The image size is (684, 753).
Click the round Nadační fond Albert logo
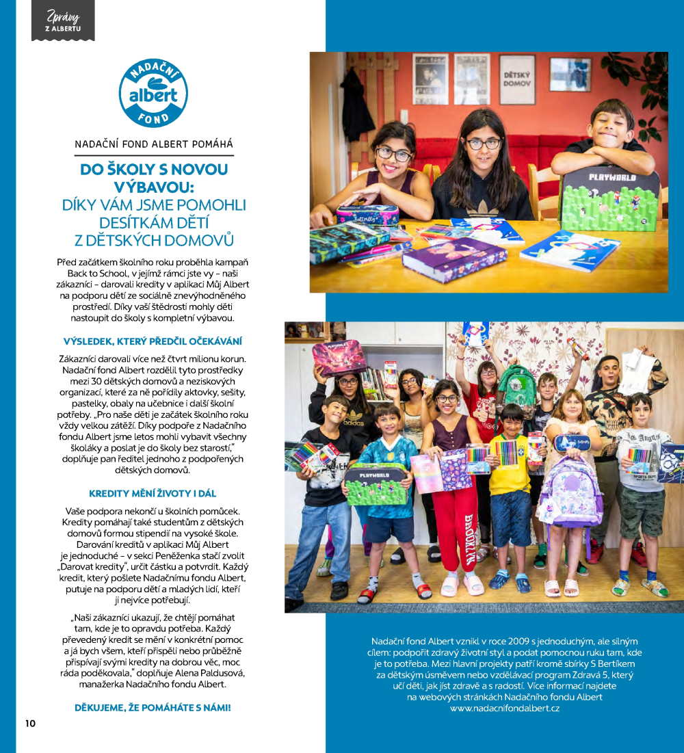pos(153,94)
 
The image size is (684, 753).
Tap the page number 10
pos(30,724)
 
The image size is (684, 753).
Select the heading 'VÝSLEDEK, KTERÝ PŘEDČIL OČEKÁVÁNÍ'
pos(153,341)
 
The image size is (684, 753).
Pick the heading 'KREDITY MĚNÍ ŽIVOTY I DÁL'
pos(153,493)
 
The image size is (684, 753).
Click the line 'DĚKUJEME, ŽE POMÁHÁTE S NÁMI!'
pos(153,707)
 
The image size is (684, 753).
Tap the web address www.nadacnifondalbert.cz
pos(505,709)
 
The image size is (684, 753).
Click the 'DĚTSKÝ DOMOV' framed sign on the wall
pos(517,79)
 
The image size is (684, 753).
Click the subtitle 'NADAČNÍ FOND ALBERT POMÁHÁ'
pos(153,144)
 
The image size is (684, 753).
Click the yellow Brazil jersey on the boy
pos(509,462)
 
